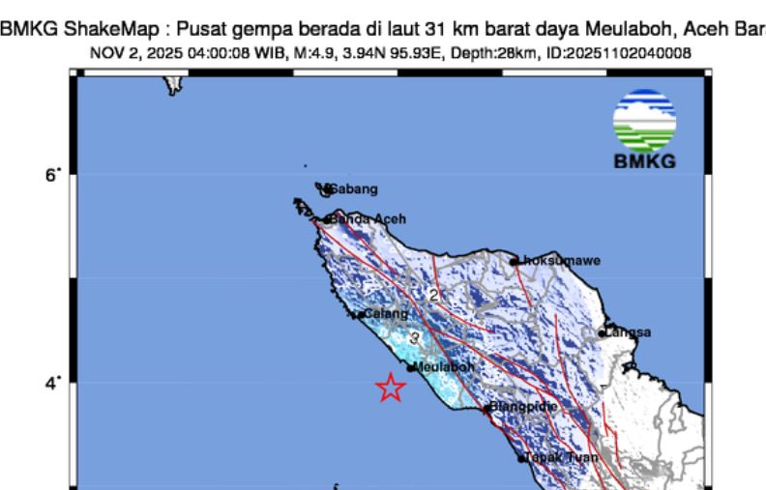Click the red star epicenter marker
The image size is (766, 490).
pos(390,388)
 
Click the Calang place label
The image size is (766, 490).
pos(386,314)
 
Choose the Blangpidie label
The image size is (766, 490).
pos(523,407)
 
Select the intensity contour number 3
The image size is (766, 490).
pos(414,338)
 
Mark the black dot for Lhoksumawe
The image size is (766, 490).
pos(514,261)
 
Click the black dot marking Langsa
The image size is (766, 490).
pos(603,333)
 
